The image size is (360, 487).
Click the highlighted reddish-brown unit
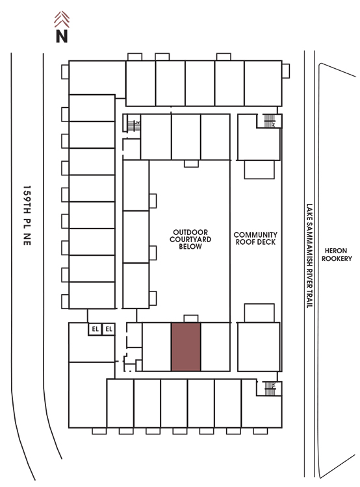coord(186,347)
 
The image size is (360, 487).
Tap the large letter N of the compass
coord(62,36)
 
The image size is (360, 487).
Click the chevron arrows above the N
coord(62,19)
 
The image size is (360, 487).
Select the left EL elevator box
coord(95,329)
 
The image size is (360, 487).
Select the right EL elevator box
coord(109,329)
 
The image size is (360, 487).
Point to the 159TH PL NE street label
coord(27,215)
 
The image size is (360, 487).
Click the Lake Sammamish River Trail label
coord(309,256)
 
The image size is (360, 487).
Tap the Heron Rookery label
coord(337,255)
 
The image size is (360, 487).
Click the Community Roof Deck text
coord(255,238)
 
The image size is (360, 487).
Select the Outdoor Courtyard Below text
coord(190,239)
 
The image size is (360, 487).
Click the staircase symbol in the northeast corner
coord(269,121)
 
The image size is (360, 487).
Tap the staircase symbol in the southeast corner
coord(270,388)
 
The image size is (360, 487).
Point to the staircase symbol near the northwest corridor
coord(134,125)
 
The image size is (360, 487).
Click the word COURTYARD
coord(190,239)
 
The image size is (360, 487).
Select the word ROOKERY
coord(337,258)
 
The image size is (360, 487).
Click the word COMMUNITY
coord(255,234)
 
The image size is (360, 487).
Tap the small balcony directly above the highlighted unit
coord(191,319)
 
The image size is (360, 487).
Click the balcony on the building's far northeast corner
coord(286,71)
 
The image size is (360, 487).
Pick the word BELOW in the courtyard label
coord(190,247)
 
